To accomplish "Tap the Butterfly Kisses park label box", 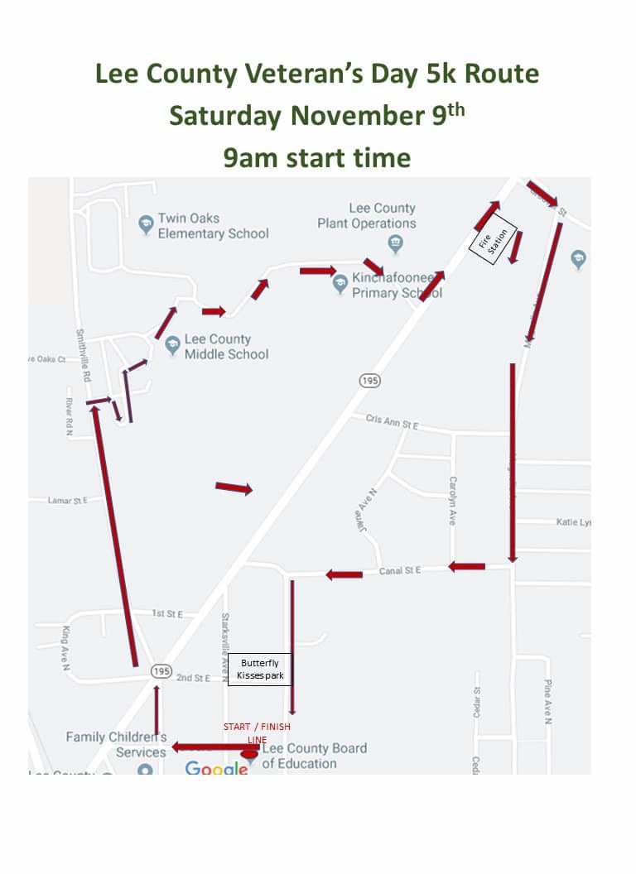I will coord(260,669).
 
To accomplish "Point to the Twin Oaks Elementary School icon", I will coord(146,224).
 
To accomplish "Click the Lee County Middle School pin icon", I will coord(172,344).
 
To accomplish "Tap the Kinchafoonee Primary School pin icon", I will coord(340,284).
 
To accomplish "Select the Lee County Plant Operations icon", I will coord(395,243).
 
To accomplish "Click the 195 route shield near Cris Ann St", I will coord(369,380).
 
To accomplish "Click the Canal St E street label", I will coord(400,571).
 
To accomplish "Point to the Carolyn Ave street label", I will coord(452,500).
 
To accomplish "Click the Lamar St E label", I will coord(67,501).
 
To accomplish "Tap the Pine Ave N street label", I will coord(547,702).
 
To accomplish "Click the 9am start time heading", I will coord(317,157).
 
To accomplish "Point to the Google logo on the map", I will coord(216,769).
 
